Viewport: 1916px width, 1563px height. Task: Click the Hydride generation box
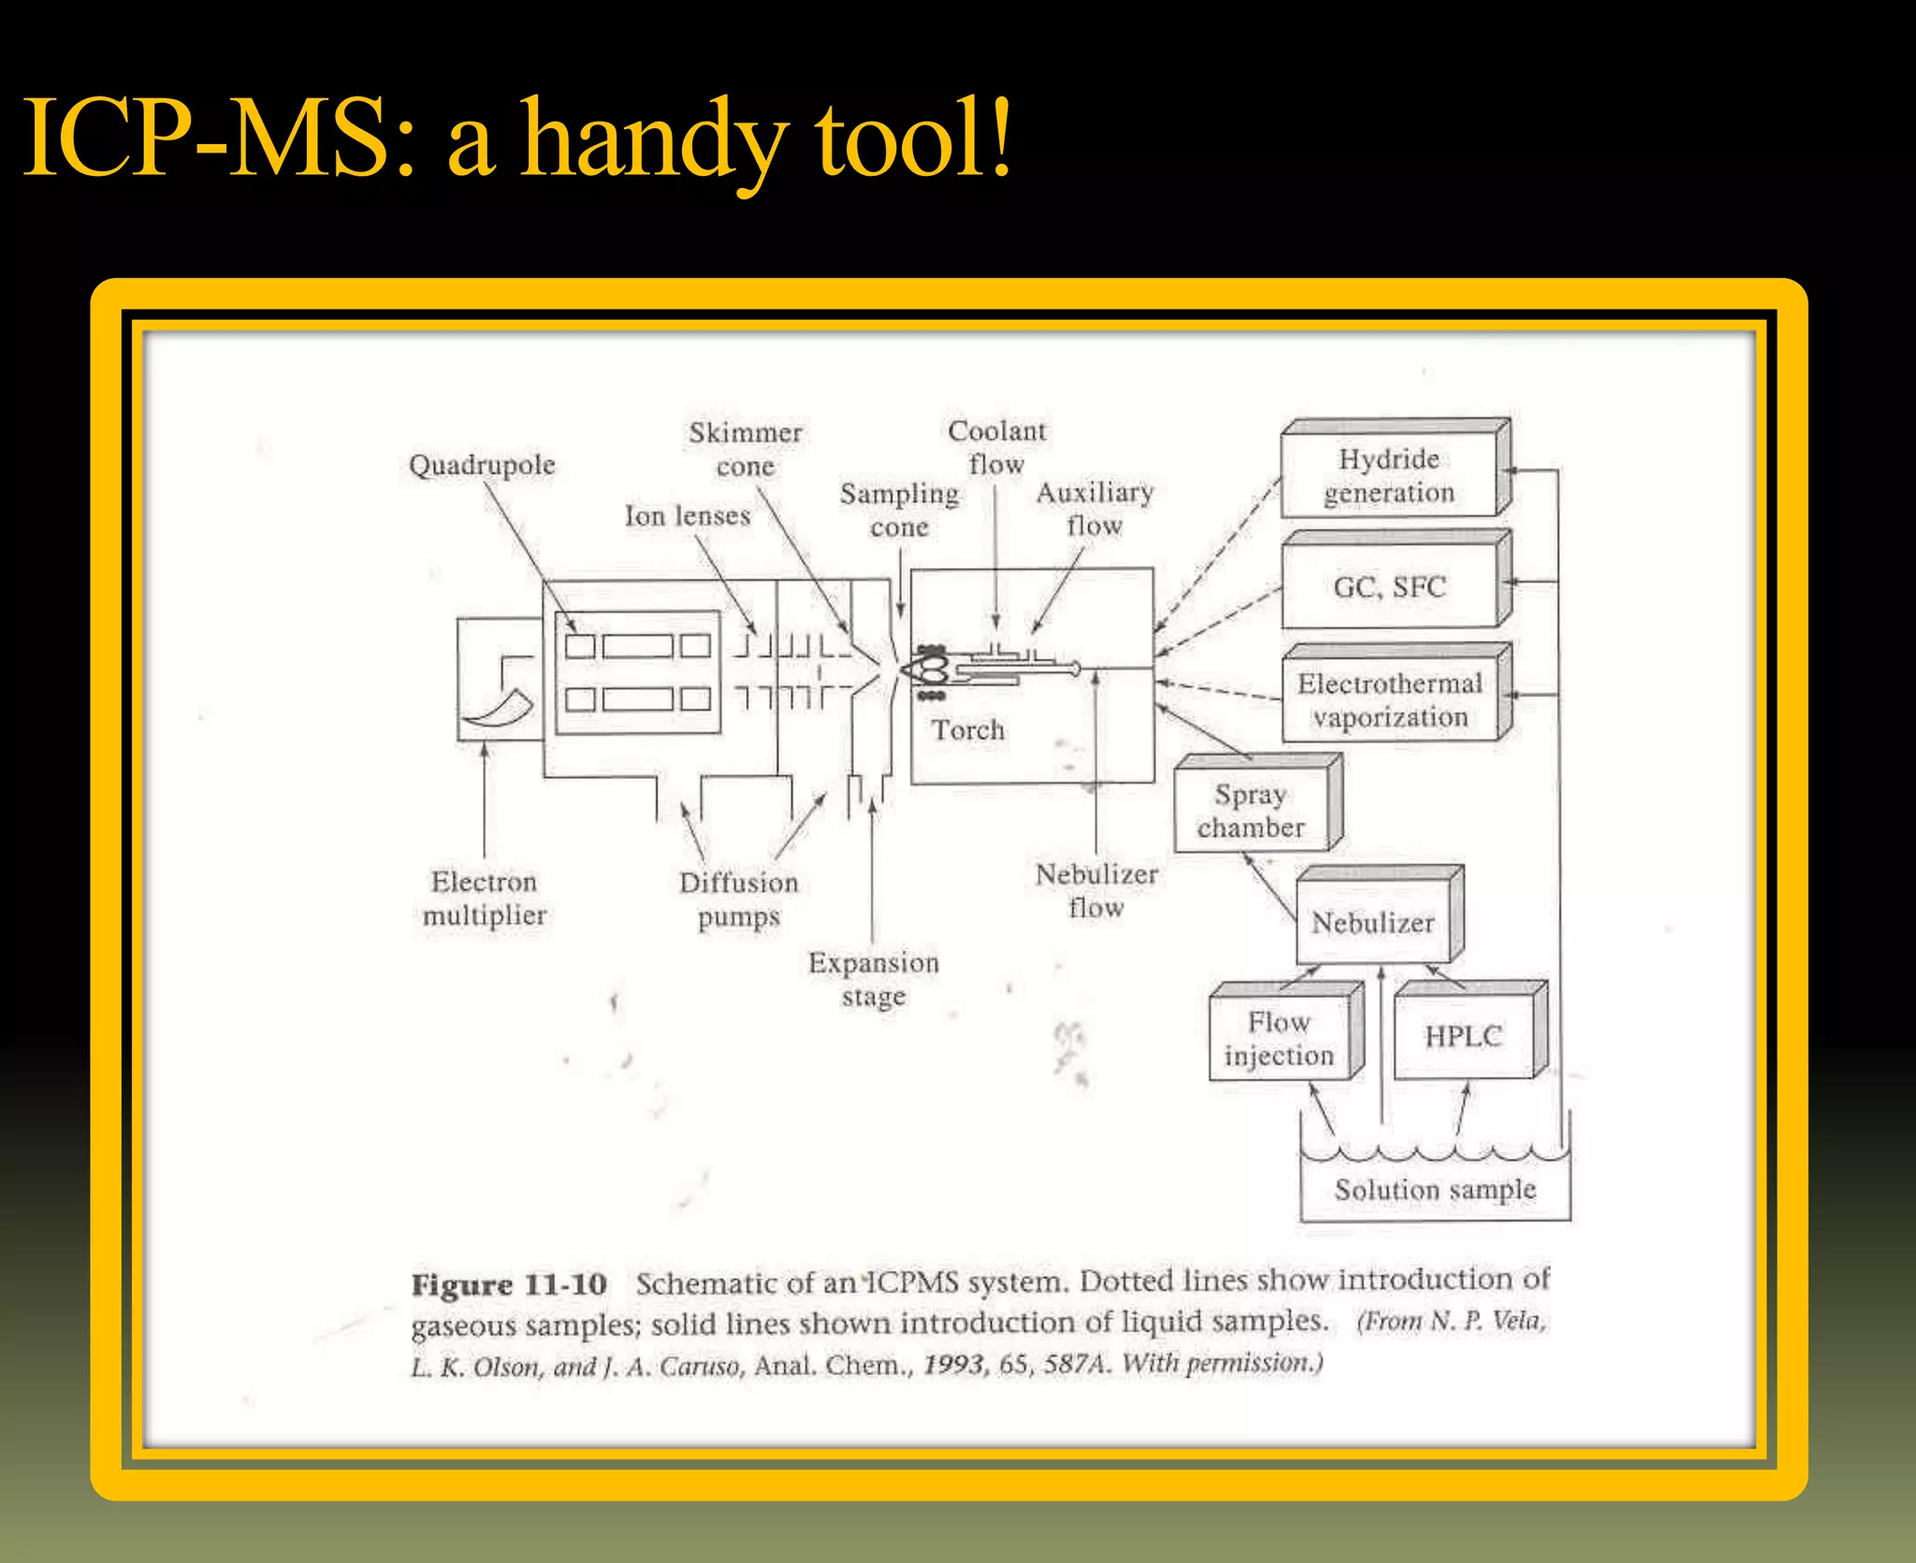(1389, 475)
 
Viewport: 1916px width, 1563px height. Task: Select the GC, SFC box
(1389, 587)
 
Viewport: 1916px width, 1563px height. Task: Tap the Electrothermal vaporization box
(1389, 700)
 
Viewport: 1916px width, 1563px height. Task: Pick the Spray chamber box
(1251, 811)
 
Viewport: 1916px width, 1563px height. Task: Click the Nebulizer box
(1372, 923)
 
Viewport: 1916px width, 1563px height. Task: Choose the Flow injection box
(1279, 1039)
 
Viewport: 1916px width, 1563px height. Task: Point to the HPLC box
(1463, 1036)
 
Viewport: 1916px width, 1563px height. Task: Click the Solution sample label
(1435, 1190)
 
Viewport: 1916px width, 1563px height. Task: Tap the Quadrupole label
(482, 465)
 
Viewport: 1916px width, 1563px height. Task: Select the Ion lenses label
(688, 516)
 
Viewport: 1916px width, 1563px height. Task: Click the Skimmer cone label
(746, 449)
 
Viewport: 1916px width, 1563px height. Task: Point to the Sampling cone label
(899, 510)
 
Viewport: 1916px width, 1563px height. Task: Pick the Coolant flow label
(997, 447)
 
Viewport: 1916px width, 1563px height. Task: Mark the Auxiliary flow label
(1095, 509)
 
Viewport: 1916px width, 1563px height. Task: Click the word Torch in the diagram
(967, 730)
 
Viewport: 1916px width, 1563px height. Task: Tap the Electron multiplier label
(485, 898)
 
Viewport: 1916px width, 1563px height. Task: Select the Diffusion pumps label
(739, 899)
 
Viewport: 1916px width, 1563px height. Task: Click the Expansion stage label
(874, 979)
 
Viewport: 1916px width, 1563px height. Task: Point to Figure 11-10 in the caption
(509, 1284)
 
